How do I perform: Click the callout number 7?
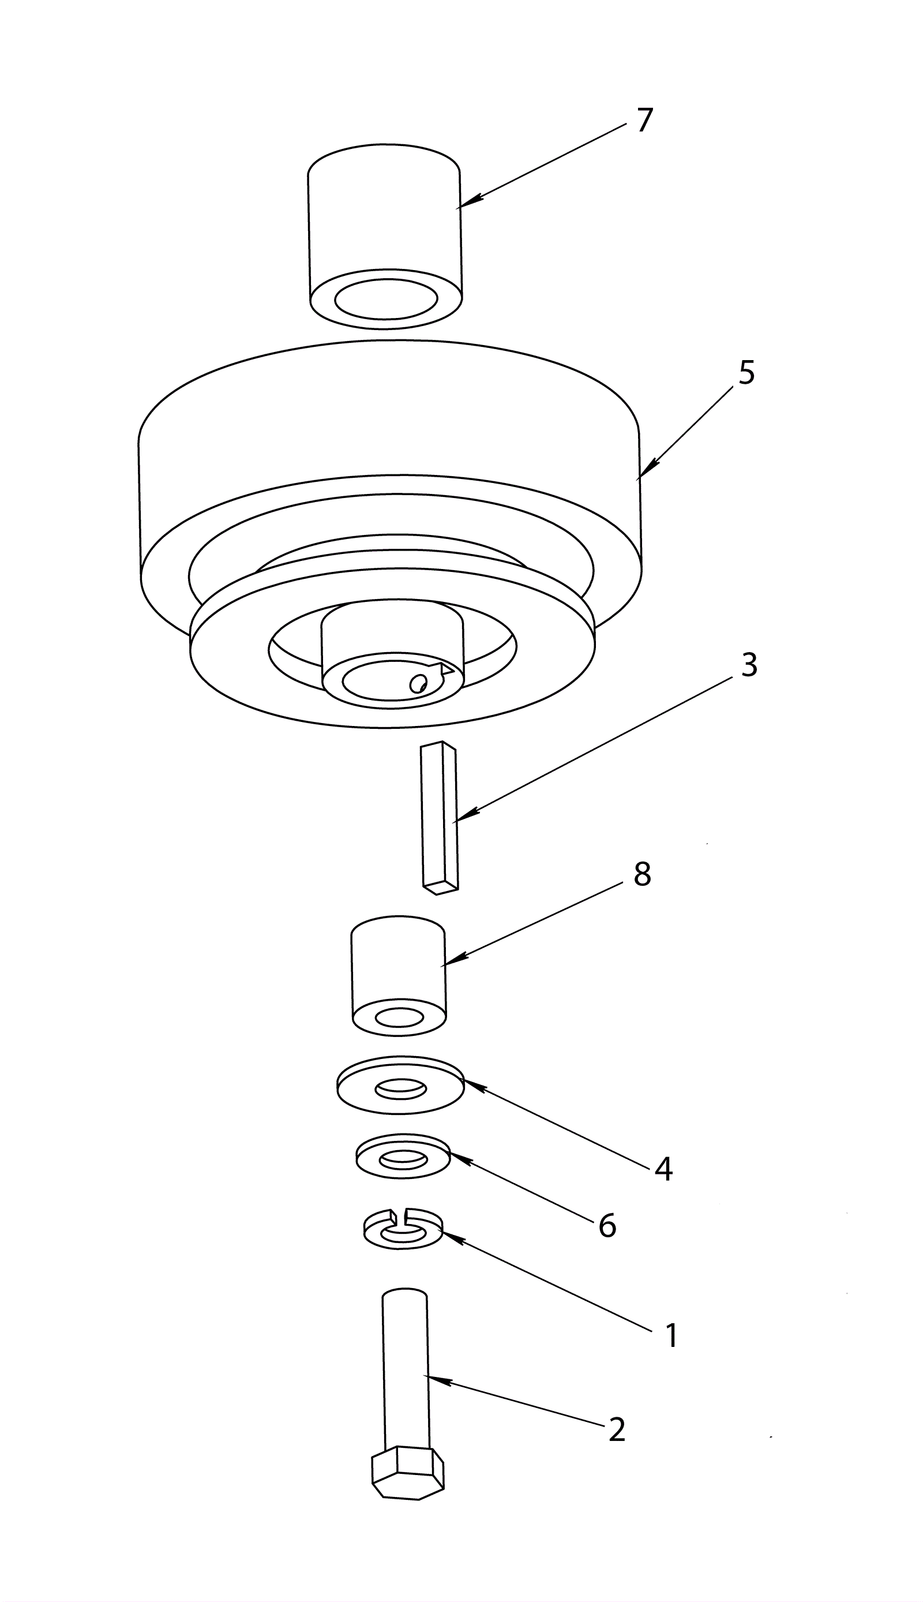644,120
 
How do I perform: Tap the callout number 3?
749,665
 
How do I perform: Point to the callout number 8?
641,874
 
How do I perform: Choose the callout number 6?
607,1225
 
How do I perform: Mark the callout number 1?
670,1337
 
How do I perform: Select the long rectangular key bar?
438,818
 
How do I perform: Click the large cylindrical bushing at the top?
385,234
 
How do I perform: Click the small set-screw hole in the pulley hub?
417,683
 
